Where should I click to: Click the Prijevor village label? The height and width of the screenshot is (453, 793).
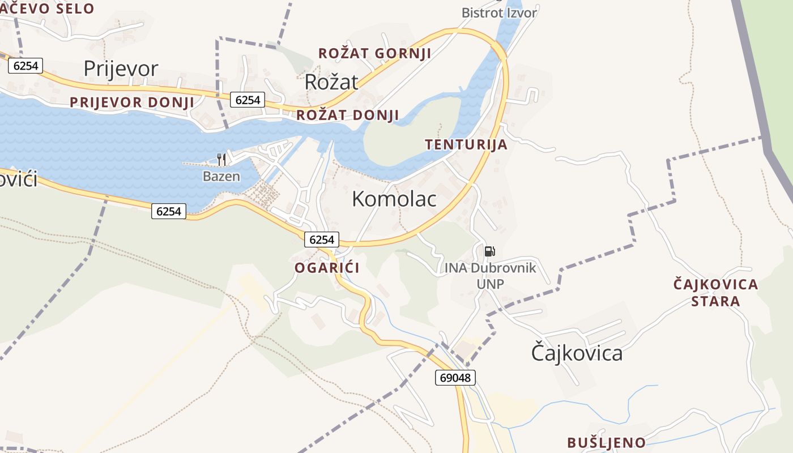(121, 69)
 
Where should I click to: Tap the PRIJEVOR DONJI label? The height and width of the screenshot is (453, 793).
(131, 102)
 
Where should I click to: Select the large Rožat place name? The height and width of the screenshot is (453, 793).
(331, 82)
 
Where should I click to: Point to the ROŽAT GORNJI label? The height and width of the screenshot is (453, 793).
(374, 54)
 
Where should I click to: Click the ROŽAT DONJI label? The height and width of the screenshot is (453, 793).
(348, 115)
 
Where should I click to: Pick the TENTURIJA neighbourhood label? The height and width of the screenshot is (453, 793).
(466, 144)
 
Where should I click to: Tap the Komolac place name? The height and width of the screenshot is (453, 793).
(394, 199)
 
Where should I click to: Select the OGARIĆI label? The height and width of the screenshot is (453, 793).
(327, 268)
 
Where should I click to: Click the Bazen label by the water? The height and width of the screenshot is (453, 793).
(221, 177)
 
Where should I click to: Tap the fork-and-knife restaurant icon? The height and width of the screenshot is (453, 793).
(221, 160)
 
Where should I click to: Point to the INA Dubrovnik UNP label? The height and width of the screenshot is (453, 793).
(490, 276)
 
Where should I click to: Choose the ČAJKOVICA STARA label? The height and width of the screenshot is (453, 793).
(715, 292)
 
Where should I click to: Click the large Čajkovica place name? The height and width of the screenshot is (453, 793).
(577, 353)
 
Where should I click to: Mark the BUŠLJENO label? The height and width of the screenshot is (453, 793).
(606, 443)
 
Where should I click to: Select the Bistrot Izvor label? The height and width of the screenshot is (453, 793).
(499, 12)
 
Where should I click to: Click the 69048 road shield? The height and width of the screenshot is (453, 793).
(455, 377)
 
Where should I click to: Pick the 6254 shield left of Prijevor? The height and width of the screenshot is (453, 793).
(26, 66)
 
